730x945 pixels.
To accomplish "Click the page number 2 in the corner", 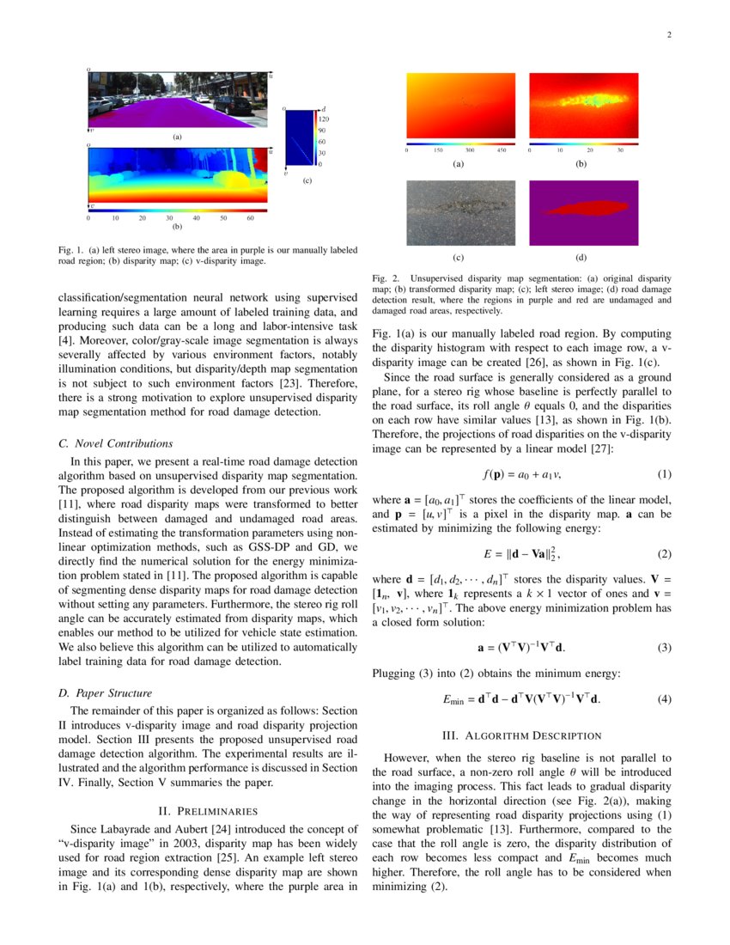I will (668, 35).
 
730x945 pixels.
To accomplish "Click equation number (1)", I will (664, 473).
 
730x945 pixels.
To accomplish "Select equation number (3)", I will (664, 647).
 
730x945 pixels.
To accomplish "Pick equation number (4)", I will (664, 698).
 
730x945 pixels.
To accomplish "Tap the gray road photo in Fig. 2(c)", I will (461, 212).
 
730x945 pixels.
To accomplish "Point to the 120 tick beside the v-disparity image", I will (325, 119).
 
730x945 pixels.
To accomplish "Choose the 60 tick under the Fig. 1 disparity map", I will (250, 218).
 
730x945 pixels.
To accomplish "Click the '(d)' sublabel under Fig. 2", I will (581, 257).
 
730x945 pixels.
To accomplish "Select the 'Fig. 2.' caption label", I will (386, 278).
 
